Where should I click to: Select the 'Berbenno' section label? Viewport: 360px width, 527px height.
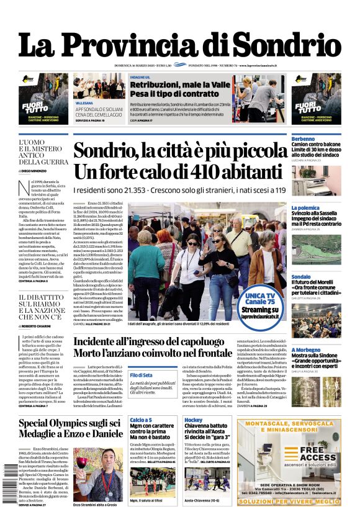[x=303, y=138]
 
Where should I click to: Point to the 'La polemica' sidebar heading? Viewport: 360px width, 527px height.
[x=305, y=208]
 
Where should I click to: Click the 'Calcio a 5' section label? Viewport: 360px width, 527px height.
[x=140, y=420]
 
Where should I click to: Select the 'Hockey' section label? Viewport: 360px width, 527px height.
[x=193, y=420]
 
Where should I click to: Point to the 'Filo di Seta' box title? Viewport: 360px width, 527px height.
[x=142, y=376]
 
